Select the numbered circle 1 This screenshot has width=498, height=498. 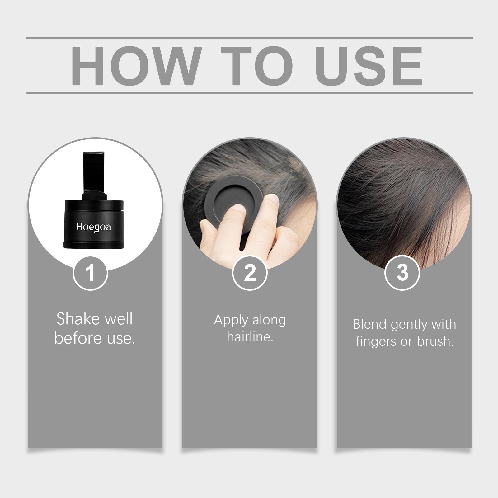[90, 273]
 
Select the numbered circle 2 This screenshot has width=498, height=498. [250, 273]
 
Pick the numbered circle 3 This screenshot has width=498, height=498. [402, 273]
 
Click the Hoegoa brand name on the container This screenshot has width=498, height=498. [94, 227]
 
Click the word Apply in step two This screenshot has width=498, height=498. [231, 321]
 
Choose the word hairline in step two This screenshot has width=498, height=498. [250, 337]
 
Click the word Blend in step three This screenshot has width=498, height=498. [370, 324]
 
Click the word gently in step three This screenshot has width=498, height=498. [409, 325]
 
